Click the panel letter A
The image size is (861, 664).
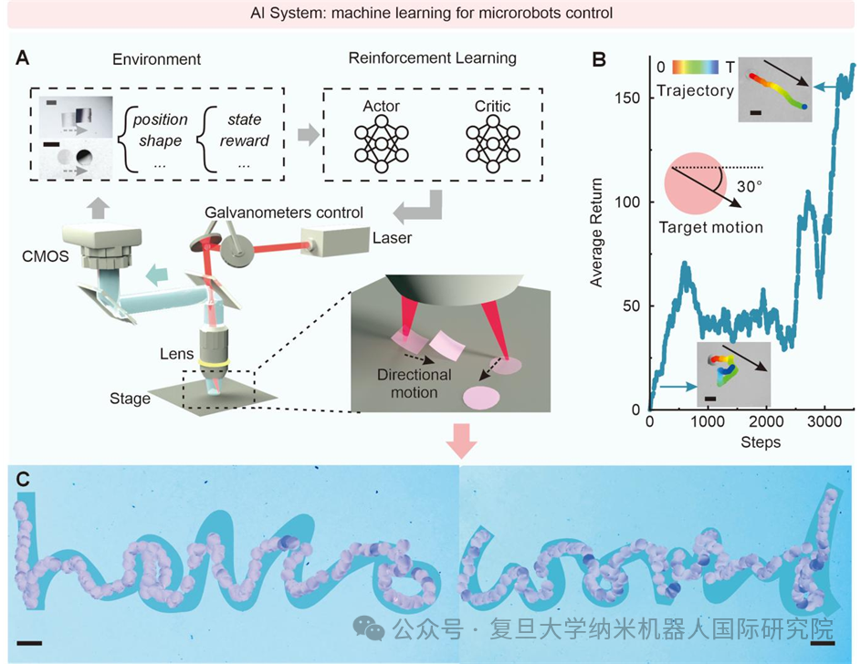(x=24, y=59)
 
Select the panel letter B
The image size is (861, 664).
(x=600, y=60)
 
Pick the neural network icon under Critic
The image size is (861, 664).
(x=491, y=142)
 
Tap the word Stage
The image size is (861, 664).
(x=130, y=398)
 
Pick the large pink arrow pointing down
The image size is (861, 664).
(x=460, y=443)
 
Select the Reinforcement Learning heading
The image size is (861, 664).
(x=432, y=58)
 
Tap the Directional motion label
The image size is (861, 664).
(x=415, y=383)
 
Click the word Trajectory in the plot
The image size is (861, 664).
(x=694, y=90)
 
